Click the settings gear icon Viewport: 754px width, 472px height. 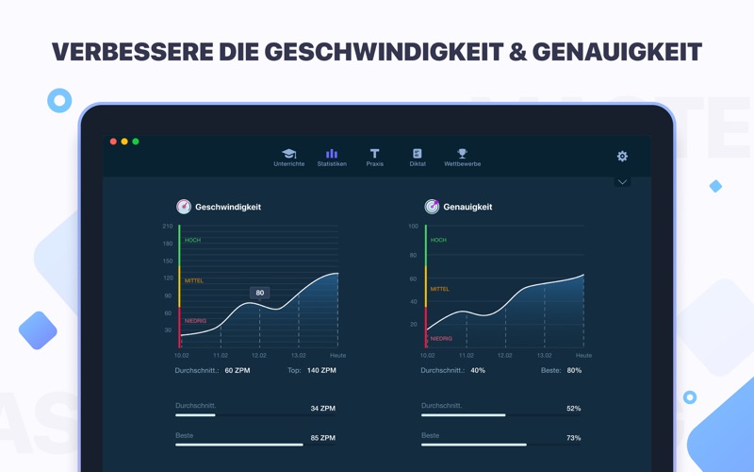click(x=622, y=156)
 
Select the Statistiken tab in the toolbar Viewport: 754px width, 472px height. click(x=332, y=158)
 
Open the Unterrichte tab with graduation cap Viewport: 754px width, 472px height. click(x=289, y=158)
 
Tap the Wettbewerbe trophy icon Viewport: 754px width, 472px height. click(x=462, y=153)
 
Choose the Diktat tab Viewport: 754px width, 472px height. click(x=418, y=158)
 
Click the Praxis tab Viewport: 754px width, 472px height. click(x=374, y=158)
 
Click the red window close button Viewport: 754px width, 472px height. click(x=113, y=141)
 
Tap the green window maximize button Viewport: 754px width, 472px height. click(x=136, y=141)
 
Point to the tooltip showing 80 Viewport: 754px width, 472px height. click(x=260, y=293)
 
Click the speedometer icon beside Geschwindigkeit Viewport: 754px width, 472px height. click(x=184, y=207)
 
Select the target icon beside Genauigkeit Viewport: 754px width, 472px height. click(x=432, y=207)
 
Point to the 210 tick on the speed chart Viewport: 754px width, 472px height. click(x=168, y=226)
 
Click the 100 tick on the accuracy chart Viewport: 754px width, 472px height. click(x=413, y=226)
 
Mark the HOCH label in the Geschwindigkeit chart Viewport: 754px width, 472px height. click(x=192, y=240)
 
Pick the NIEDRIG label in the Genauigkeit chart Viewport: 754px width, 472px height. click(x=441, y=339)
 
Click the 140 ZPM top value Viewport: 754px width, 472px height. click(x=321, y=370)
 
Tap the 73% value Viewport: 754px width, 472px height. click(x=574, y=438)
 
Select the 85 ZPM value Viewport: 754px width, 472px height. click(x=323, y=438)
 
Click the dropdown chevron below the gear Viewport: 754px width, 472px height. click(x=622, y=182)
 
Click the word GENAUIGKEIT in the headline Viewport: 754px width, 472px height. click(x=617, y=52)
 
